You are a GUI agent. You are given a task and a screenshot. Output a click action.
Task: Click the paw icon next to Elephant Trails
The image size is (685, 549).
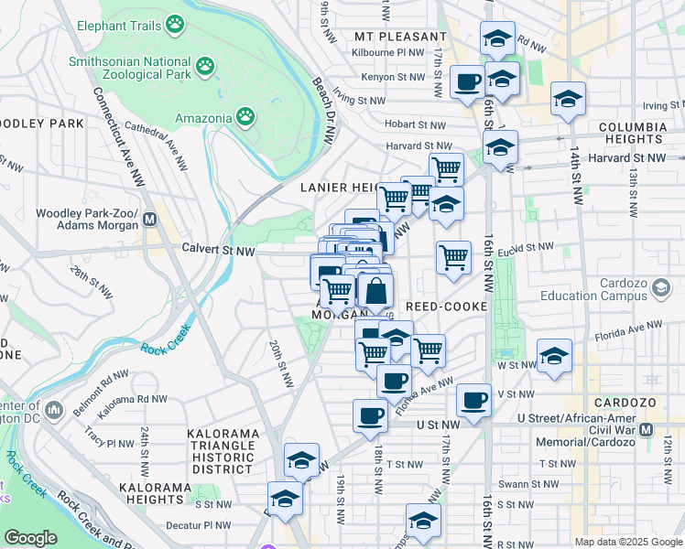tap(174, 24)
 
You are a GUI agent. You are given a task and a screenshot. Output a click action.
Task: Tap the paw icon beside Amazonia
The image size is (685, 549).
tap(245, 116)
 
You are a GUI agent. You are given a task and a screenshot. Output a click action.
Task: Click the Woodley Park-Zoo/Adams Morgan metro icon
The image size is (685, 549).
tap(150, 221)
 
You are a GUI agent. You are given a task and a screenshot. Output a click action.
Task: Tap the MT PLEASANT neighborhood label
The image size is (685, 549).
tap(401, 37)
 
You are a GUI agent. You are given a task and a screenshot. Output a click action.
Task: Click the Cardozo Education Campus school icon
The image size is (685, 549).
tap(659, 289)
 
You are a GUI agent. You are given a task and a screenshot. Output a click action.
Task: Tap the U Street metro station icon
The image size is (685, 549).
tap(647, 430)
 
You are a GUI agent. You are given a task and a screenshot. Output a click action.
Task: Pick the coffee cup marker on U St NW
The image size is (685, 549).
tap(370, 414)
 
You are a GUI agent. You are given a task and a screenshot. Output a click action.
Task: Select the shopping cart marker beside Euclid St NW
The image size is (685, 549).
tap(453, 257)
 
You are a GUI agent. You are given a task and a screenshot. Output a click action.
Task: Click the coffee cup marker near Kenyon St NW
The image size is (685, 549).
tap(467, 82)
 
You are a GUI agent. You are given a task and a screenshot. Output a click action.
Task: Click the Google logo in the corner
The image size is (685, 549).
tap(31, 538)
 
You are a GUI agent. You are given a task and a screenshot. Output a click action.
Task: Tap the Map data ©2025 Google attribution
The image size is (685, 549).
tap(627, 542)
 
